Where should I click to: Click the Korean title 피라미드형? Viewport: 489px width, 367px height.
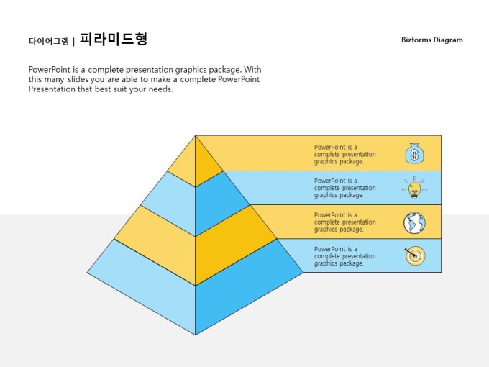pos(114,39)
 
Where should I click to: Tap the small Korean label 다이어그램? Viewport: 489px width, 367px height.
pos(49,41)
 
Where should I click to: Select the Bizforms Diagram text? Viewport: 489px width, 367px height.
pos(432,40)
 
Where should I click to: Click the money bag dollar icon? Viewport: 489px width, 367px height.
pos(414,153)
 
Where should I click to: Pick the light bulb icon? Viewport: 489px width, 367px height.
pos(414,188)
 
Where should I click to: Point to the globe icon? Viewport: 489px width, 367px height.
pos(414,223)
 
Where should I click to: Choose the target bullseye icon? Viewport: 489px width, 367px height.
pos(415,255)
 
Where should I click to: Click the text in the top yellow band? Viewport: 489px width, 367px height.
pos(345,154)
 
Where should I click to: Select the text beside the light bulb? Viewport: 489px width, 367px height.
pos(345,188)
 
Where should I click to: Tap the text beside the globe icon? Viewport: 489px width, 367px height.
pos(345,222)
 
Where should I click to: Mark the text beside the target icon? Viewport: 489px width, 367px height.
pos(345,256)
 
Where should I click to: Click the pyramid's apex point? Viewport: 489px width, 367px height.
pos(196,135)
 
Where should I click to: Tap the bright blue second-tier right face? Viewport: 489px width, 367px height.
pos(219,203)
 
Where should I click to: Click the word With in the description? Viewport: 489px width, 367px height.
pos(252,69)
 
